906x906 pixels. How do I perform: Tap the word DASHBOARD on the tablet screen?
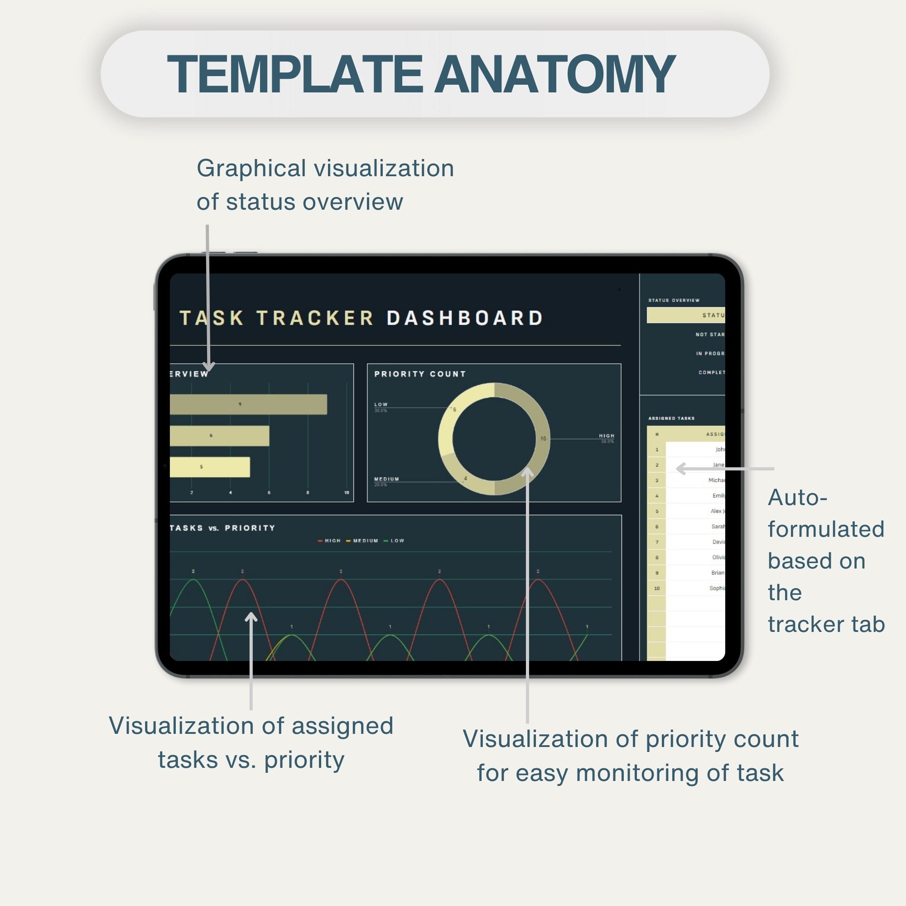tap(464, 318)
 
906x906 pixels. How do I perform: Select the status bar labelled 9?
tap(248, 404)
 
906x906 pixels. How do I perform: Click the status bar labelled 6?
tap(219, 436)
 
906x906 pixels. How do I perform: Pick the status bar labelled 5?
tap(209, 467)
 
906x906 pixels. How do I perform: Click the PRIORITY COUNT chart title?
tap(420, 374)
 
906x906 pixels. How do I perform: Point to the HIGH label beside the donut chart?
tap(607, 436)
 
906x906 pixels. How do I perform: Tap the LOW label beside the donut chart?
tap(381, 404)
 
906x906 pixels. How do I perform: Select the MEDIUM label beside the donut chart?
tap(386, 479)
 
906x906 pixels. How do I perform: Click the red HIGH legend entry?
tap(329, 541)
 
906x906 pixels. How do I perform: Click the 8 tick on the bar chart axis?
tap(308, 492)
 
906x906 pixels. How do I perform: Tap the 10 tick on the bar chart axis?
tap(347, 492)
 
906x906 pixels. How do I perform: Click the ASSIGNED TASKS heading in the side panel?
tap(671, 418)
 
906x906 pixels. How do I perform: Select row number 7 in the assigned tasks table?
tap(657, 542)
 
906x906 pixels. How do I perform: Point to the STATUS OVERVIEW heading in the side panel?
tap(674, 300)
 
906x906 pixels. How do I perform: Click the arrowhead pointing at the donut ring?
tap(528, 470)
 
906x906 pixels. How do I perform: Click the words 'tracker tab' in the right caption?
tap(826, 624)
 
